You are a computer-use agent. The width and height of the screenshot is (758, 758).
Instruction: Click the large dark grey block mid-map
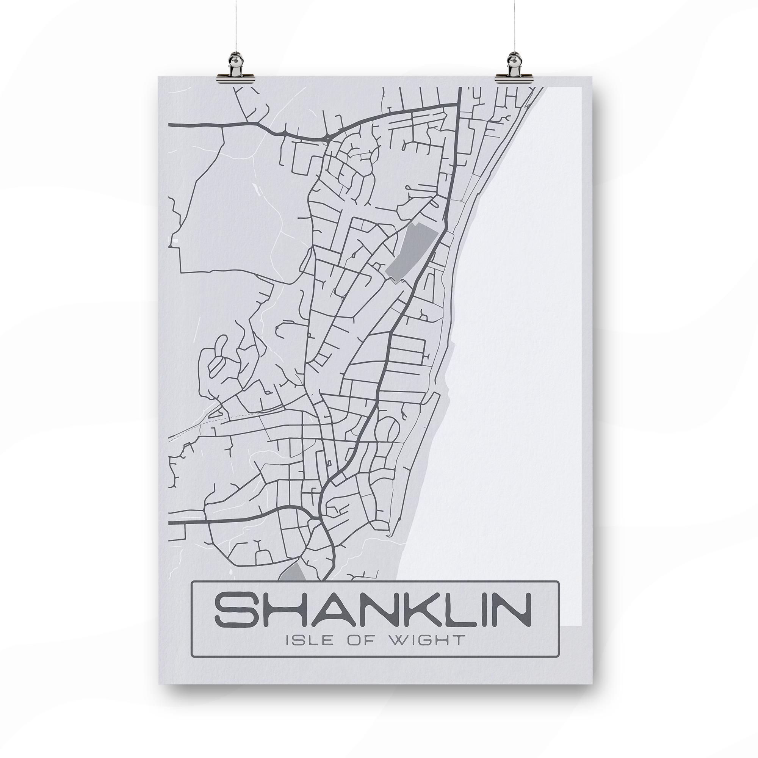pos(411,251)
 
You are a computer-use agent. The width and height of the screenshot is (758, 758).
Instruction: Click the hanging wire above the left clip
pos(234,23)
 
